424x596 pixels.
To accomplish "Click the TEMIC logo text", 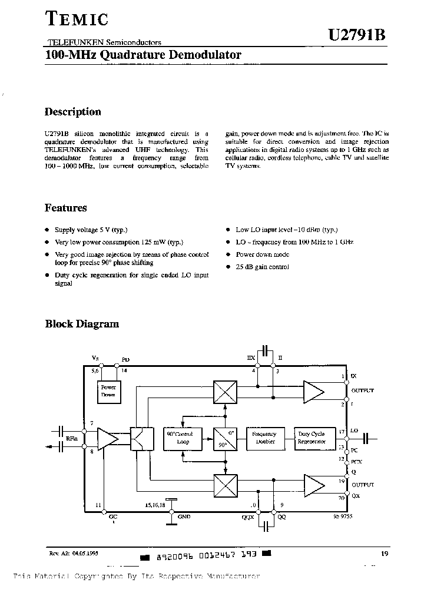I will point(77,20).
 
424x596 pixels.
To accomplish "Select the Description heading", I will point(73,112).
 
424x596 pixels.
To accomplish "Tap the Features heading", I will point(66,208).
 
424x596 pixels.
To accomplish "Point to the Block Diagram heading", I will point(82,323).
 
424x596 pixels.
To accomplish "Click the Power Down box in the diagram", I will point(108,391).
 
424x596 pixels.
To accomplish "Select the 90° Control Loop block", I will point(183,437).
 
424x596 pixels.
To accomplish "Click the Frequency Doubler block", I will point(264,437).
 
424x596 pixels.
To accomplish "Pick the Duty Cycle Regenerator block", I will point(312,437).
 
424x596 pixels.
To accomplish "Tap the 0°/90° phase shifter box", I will point(224,438).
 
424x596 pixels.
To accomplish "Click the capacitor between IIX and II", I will point(266,352).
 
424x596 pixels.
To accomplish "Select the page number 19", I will point(383,553).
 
